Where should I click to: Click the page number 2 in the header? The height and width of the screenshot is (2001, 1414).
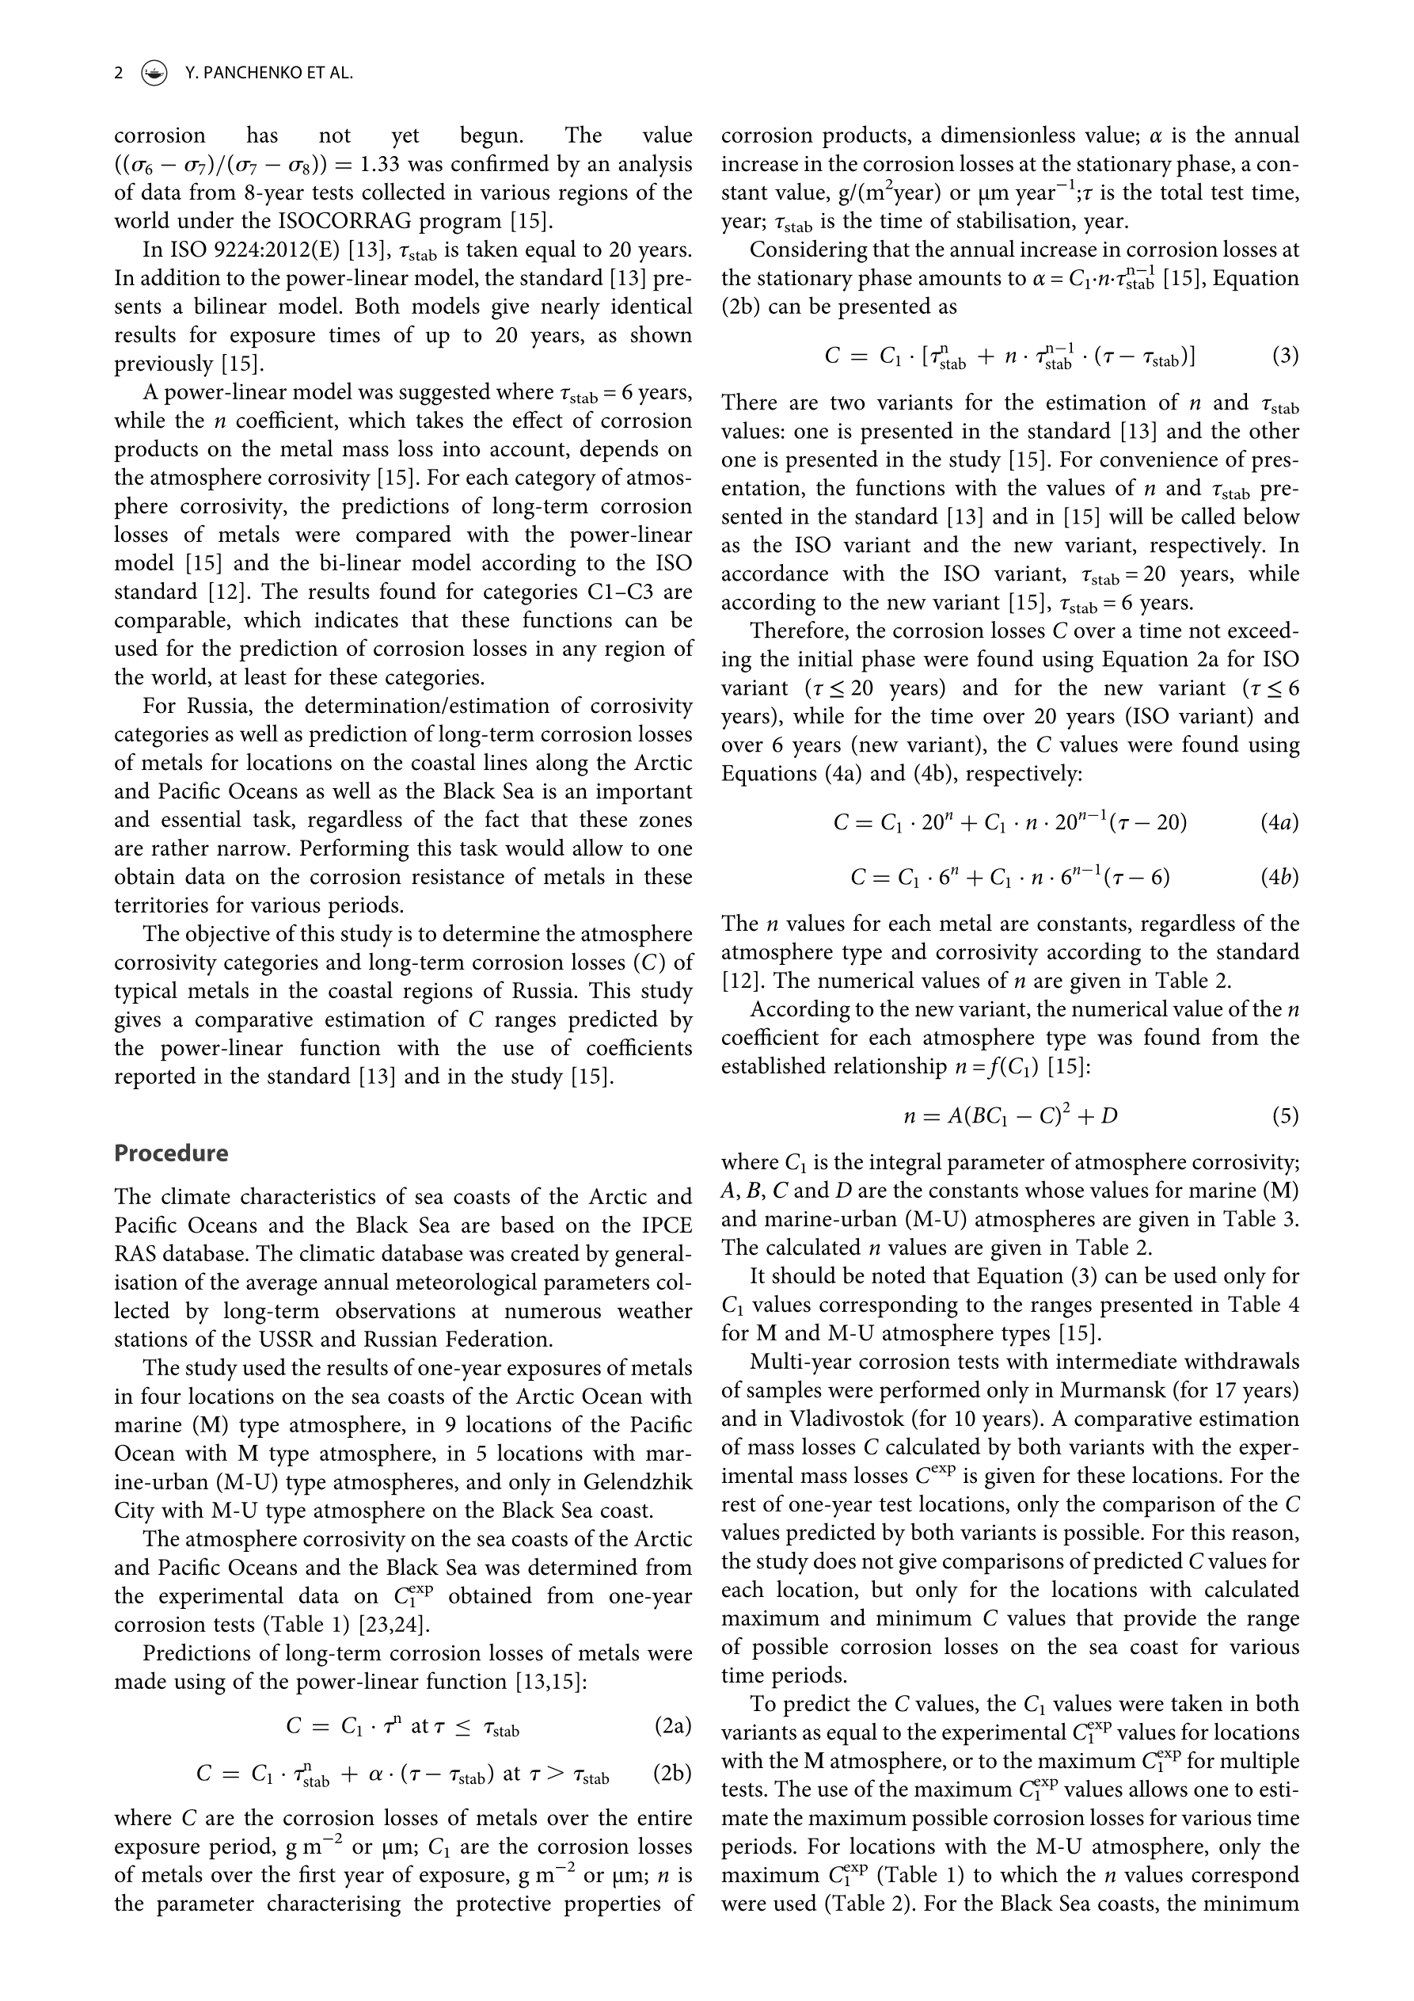tap(119, 73)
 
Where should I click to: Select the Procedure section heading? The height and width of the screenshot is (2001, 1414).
tap(171, 1153)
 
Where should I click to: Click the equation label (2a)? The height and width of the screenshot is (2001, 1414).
tap(671, 1725)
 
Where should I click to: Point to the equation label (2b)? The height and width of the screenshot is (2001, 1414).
tap(671, 1774)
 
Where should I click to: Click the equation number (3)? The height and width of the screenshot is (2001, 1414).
tap(1285, 356)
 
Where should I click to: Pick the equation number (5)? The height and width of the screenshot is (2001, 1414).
tap(1285, 1115)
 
